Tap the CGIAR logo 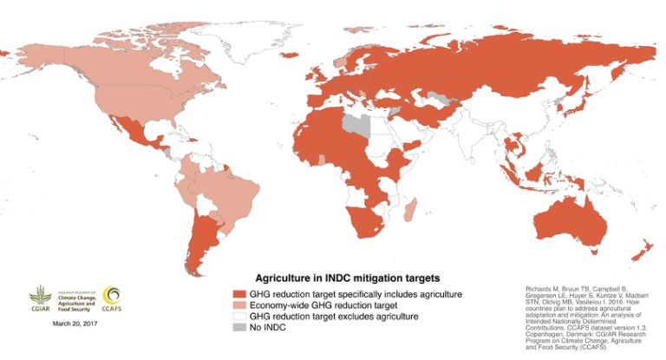[41, 298]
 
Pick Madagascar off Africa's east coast [411, 208]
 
